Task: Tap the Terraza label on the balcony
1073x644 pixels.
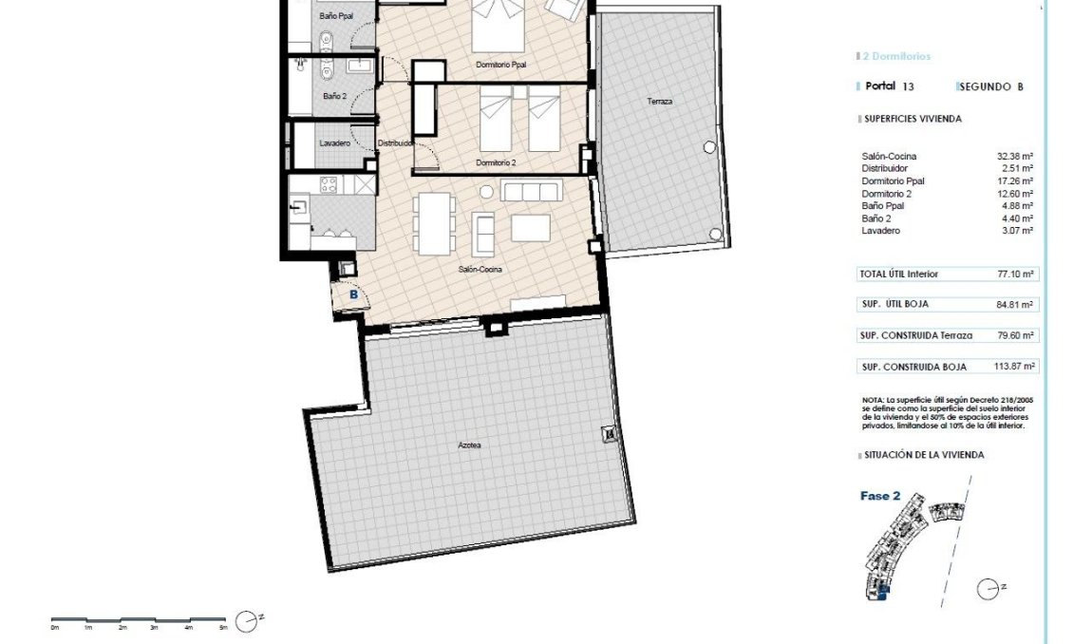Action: pos(660,101)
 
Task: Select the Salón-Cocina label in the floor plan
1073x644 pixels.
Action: pos(480,269)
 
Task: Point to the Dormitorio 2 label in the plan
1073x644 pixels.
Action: pos(496,162)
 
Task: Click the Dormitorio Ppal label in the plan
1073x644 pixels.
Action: pos(500,65)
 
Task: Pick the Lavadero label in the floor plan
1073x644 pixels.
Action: pos(335,143)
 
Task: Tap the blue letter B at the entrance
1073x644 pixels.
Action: pos(353,295)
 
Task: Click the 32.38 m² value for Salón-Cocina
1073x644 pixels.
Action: pos(1014,156)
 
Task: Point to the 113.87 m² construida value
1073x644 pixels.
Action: pos(1012,367)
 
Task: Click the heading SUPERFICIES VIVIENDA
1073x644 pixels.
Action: pos(913,120)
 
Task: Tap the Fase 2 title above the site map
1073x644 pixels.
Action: pos(880,496)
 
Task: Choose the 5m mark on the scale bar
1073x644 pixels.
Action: pos(223,628)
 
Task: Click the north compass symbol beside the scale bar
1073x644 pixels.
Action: pos(247,621)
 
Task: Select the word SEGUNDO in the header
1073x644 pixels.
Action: pos(986,86)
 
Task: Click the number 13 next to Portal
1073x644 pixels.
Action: pos(909,86)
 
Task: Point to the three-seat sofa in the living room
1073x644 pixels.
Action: pos(532,192)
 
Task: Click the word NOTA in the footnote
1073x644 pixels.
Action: pos(873,400)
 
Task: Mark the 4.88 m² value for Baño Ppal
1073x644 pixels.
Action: pos(1014,205)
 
